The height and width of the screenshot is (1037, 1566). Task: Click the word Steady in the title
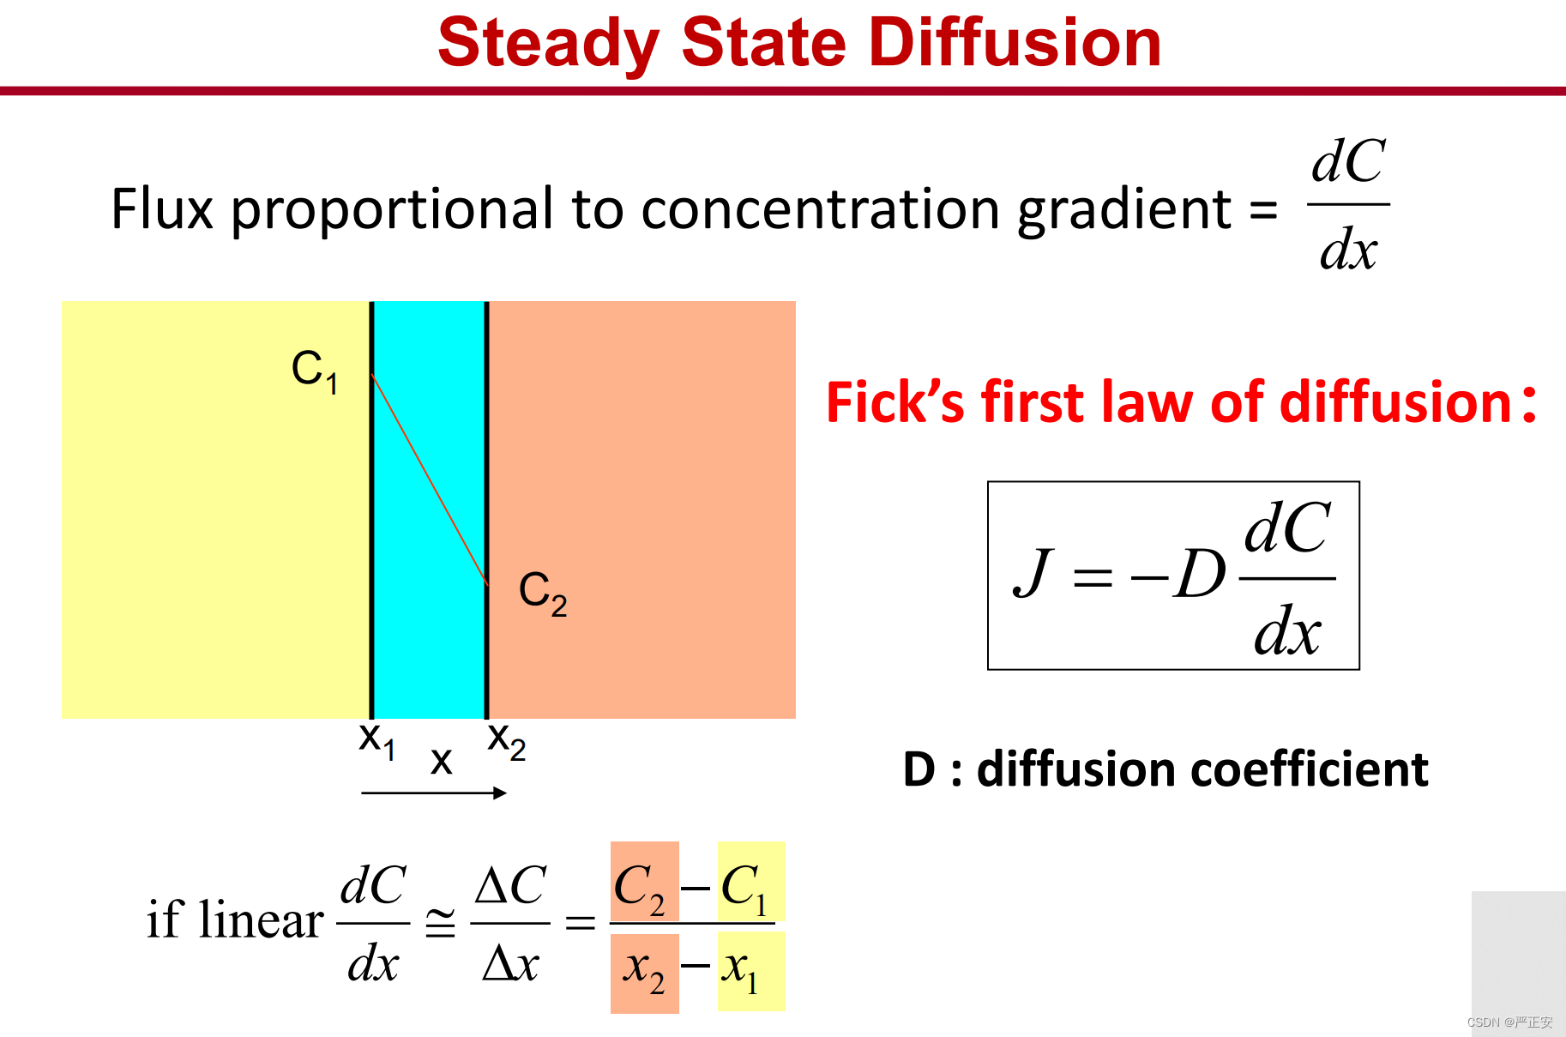pos(549,45)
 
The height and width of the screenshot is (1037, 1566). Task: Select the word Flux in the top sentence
pos(162,208)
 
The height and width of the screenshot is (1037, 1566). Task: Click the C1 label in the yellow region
pos(315,371)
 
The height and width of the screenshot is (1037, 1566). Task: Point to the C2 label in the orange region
pos(543,593)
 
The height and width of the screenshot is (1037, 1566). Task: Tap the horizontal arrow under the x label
pos(434,793)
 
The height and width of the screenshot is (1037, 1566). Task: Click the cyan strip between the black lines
pos(430,509)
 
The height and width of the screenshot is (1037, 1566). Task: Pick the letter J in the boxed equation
pos(1033,572)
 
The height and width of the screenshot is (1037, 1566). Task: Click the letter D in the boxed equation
pos(1200,574)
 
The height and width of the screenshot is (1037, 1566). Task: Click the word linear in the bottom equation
pos(261,919)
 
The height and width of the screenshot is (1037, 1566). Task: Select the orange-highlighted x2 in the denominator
pos(644,970)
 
